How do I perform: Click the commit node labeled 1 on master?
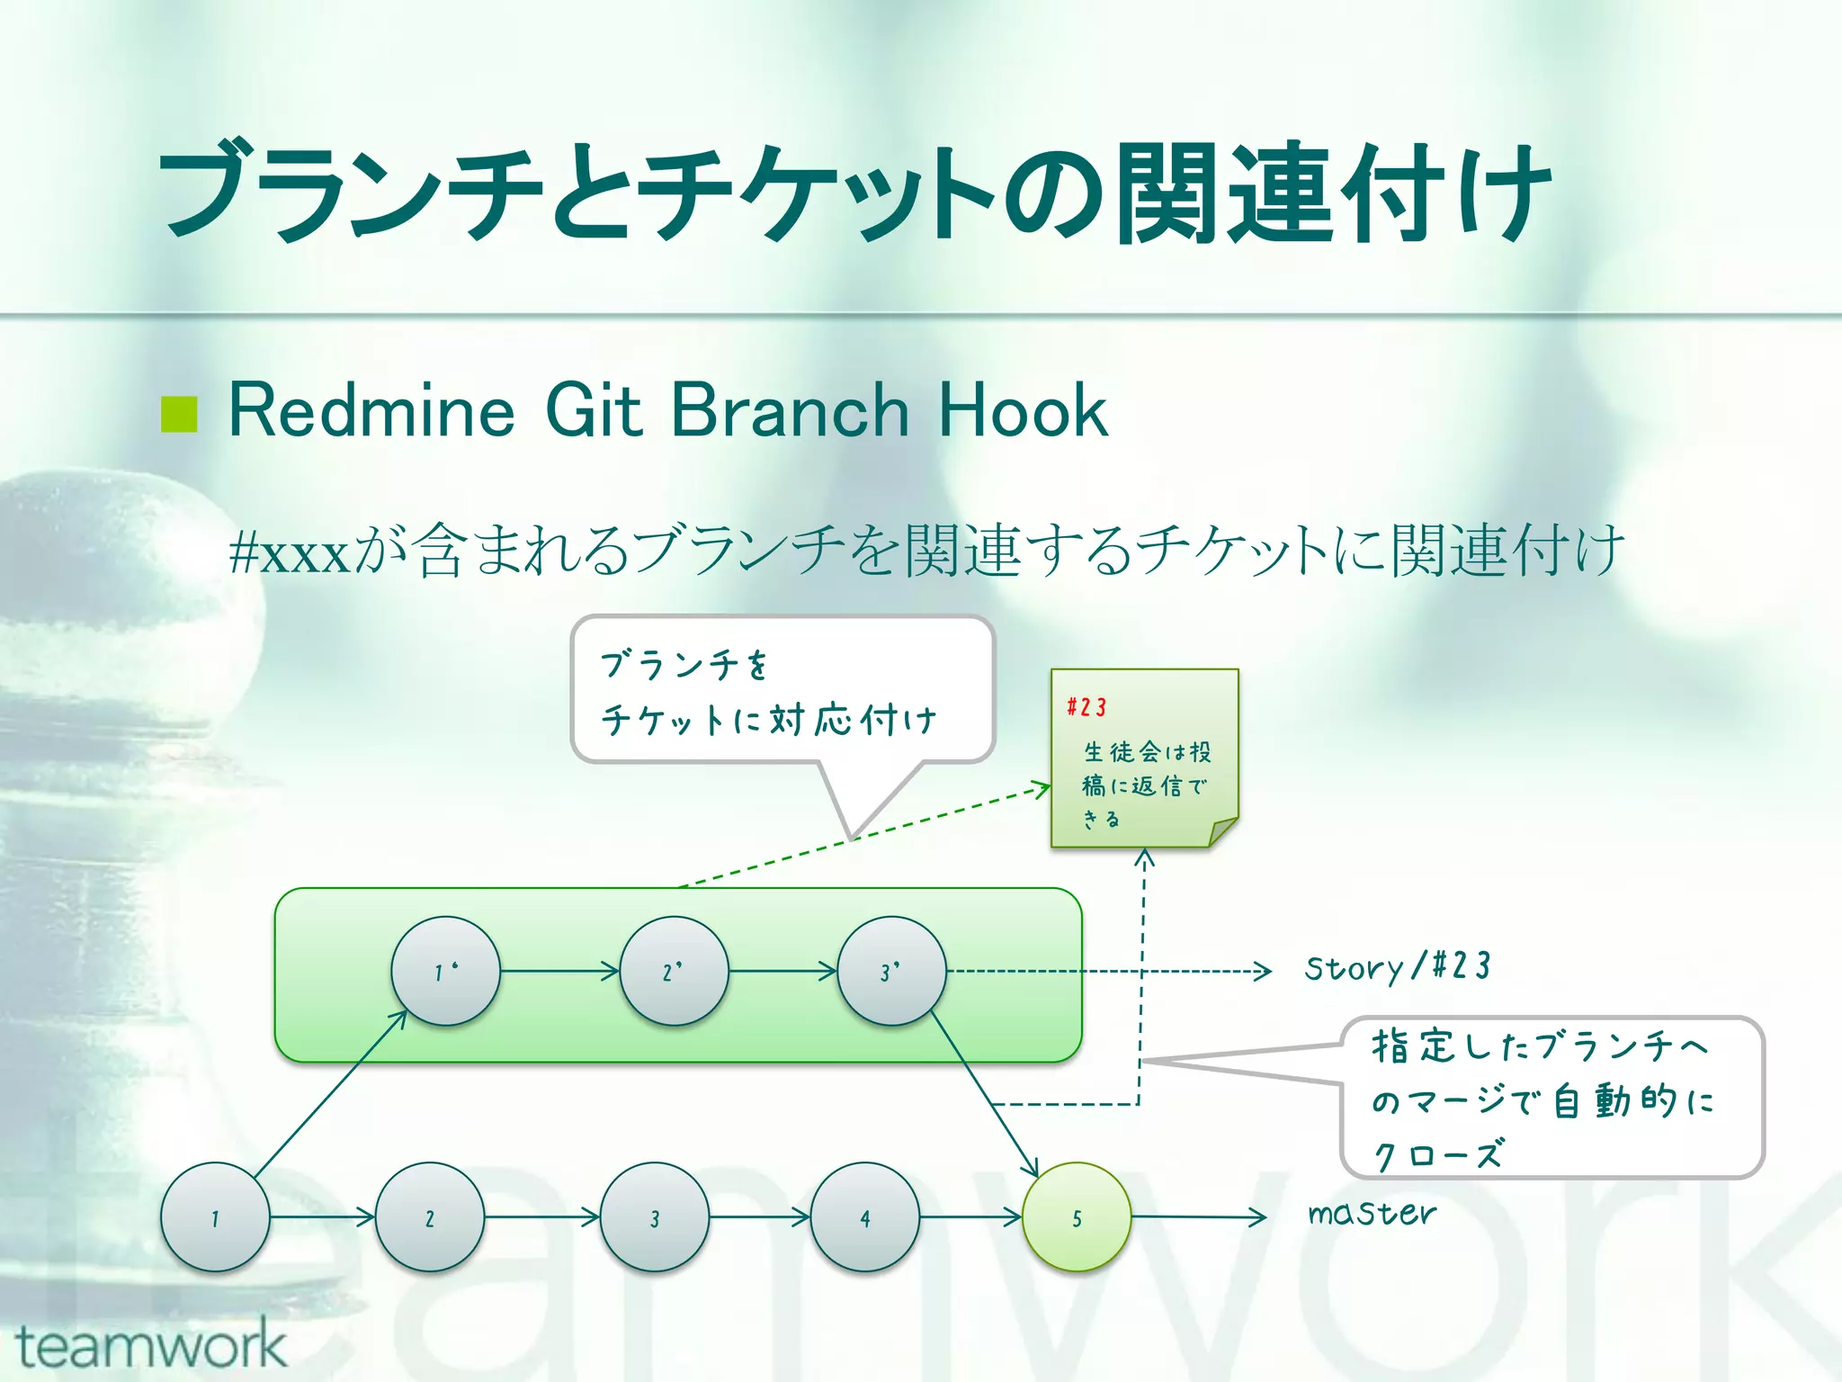(x=215, y=1216)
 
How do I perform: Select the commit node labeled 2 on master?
(x=430, y=1216)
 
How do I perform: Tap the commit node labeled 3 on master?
(x=654, y=1216)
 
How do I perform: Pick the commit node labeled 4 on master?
(x=864, y=1216)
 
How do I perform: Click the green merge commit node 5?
(x=1077, y=1216)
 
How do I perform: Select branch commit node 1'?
(x=445, y=971)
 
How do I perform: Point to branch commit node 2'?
(x=674, y=971)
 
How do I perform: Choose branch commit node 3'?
(x=891, y=971)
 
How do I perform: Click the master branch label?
(x=1372, y=1214)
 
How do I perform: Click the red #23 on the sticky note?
(x=1086, y=707)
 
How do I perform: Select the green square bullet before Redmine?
(x=179, y=414)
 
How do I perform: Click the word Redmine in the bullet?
(x=371, y=411)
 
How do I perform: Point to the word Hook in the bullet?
(x=1023, y=411)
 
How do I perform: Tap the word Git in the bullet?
(x=594, y=411)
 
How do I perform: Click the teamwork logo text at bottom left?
(x=151, y=1345)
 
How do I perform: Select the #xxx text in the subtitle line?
(x=290, y=552)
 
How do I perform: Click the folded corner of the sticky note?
(x=1223, y=831)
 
